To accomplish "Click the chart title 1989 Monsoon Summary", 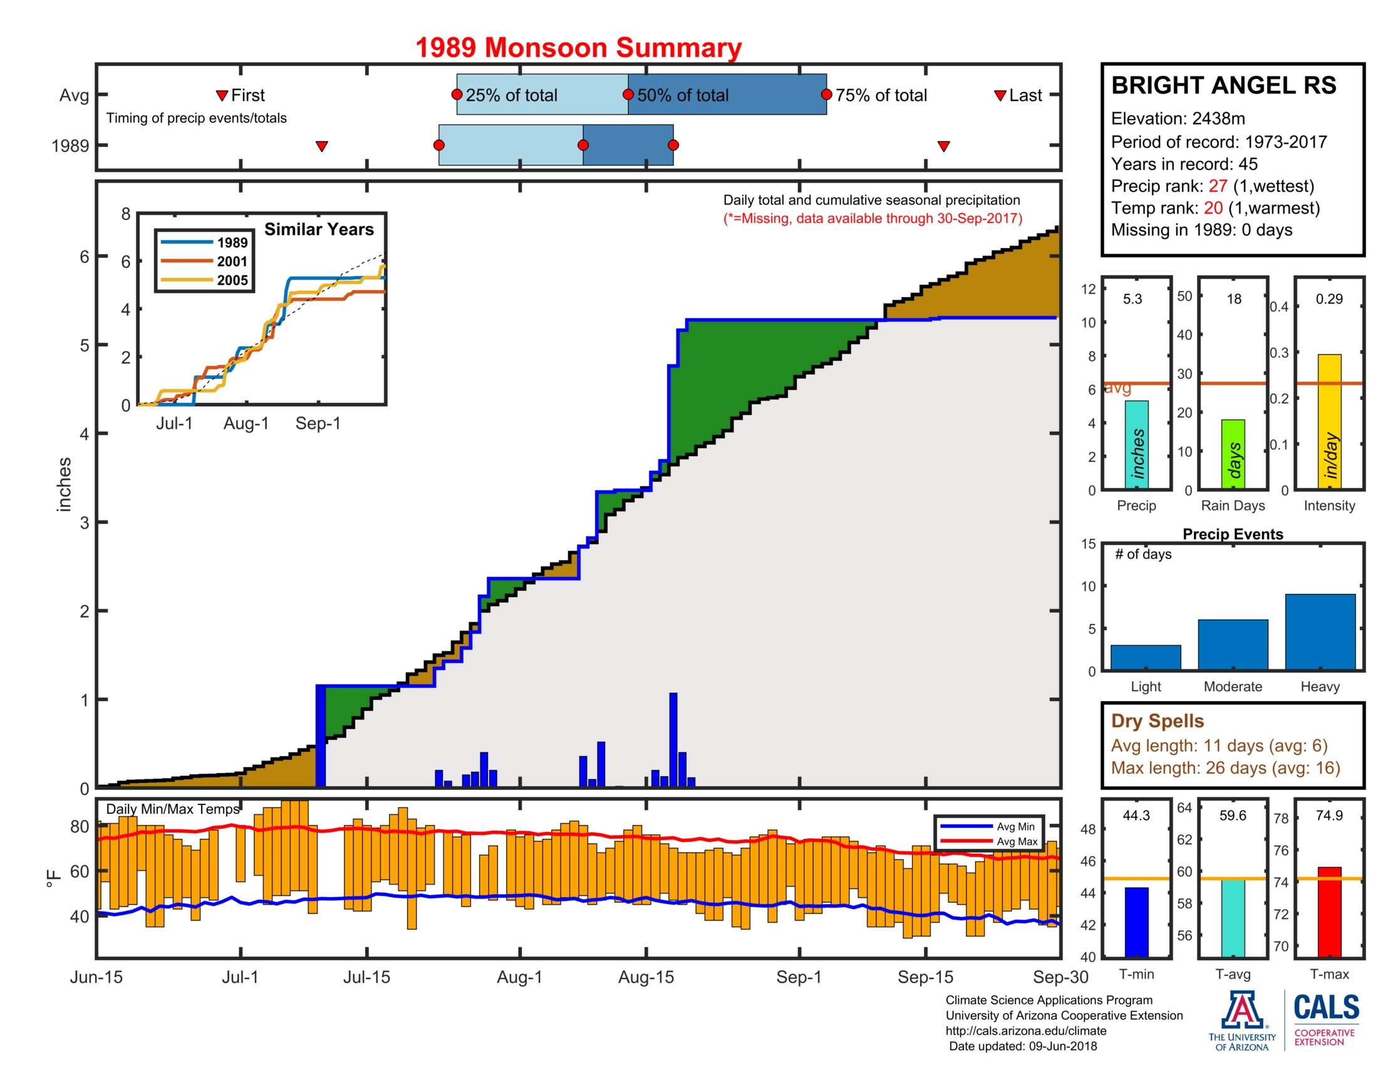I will pyautogui.click(x=578, y=48).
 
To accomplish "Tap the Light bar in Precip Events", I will pyautogui.click(x=1145, y=657).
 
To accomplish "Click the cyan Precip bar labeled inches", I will pyautogui.click(x=1136, y=444).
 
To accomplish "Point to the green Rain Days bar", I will pyautogui.click(x=1233, y=454).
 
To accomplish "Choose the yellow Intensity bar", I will pyautogui.click(x=1329, y=421).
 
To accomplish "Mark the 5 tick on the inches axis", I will pyautogui.click(x=85, y=345).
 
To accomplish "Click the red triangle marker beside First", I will pyautogui.click(x=222, y=95).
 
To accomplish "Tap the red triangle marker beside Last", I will pyautogui.click(x=1000, y=95).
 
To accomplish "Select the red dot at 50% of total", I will pyautogui.click(x=628, y=95).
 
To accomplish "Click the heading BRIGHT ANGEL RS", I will pyautogui.click(x=1223, y=85).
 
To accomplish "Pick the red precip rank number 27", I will pyautogui.click(x=1217, y=186).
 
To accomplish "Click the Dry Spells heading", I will pyautogui.click(x=1157, y=720).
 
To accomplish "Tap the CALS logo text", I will pyautogui.click(x=1326, y=1007).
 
